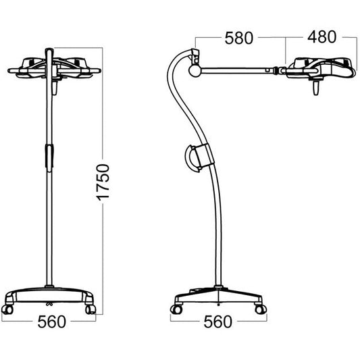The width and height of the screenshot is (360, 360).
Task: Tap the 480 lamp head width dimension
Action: pos(322,38)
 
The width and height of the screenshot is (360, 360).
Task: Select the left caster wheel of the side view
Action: pos(177,309)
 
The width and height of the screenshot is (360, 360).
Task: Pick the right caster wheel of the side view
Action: pos(259,309)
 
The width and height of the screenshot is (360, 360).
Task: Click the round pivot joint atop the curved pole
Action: pos(194,68)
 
